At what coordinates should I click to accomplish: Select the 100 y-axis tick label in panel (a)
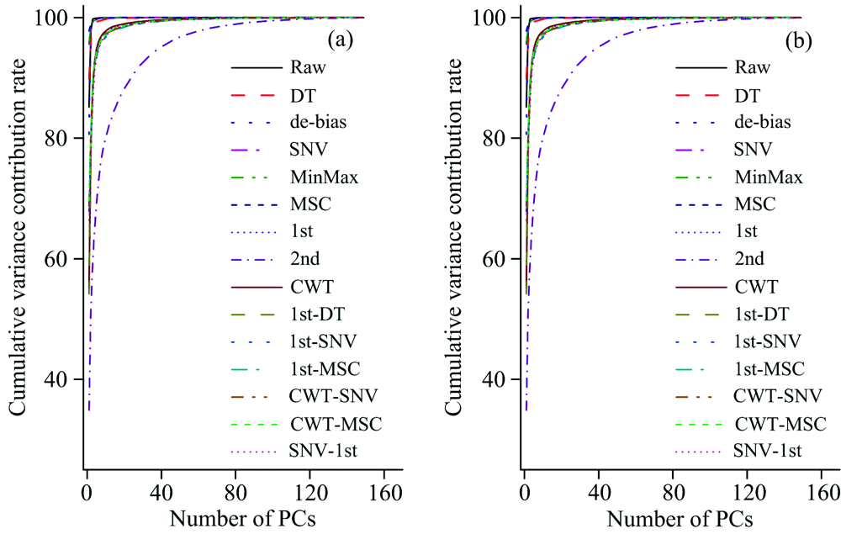click(61, 18)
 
